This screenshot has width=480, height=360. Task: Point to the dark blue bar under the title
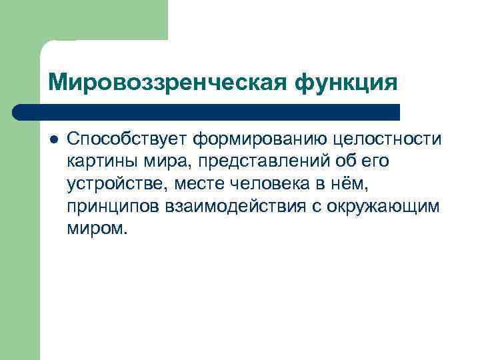(x=207, y=112)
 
